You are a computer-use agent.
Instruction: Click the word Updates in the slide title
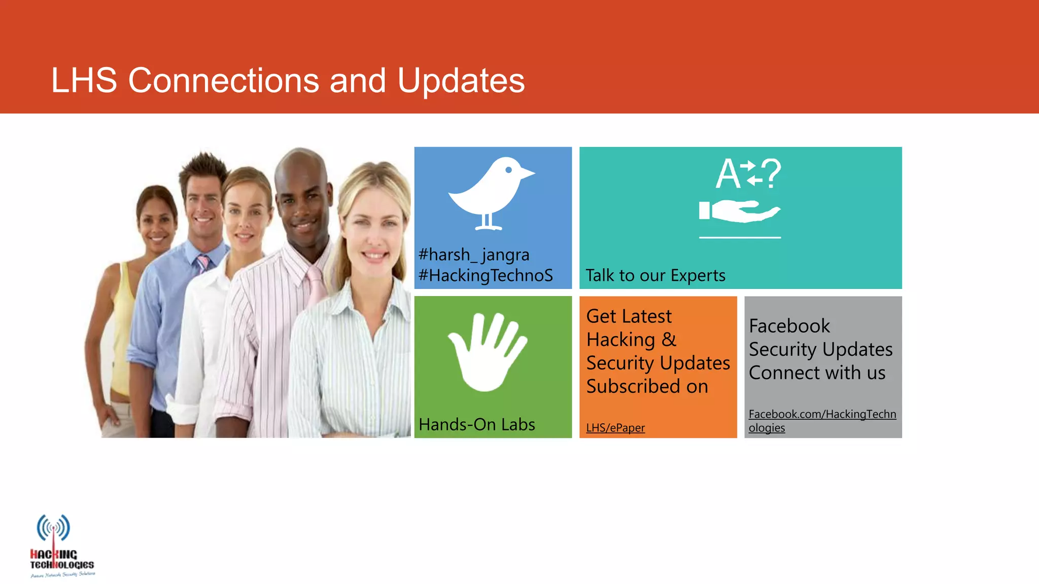coord(461,81)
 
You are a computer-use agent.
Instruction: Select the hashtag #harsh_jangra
coord(473,254)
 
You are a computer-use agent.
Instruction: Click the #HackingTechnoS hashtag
coord(486,275)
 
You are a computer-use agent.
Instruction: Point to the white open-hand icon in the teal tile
coord(740,211)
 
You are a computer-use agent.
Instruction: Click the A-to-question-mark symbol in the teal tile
coord(748,173)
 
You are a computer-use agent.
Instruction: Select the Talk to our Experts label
coord(655,275)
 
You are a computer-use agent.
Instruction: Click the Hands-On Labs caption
coord(476,424)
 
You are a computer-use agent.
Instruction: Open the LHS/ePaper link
coord(615,428)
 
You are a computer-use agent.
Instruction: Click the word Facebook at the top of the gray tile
coord(789,326)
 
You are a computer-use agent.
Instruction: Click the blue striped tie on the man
coord(202,263)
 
